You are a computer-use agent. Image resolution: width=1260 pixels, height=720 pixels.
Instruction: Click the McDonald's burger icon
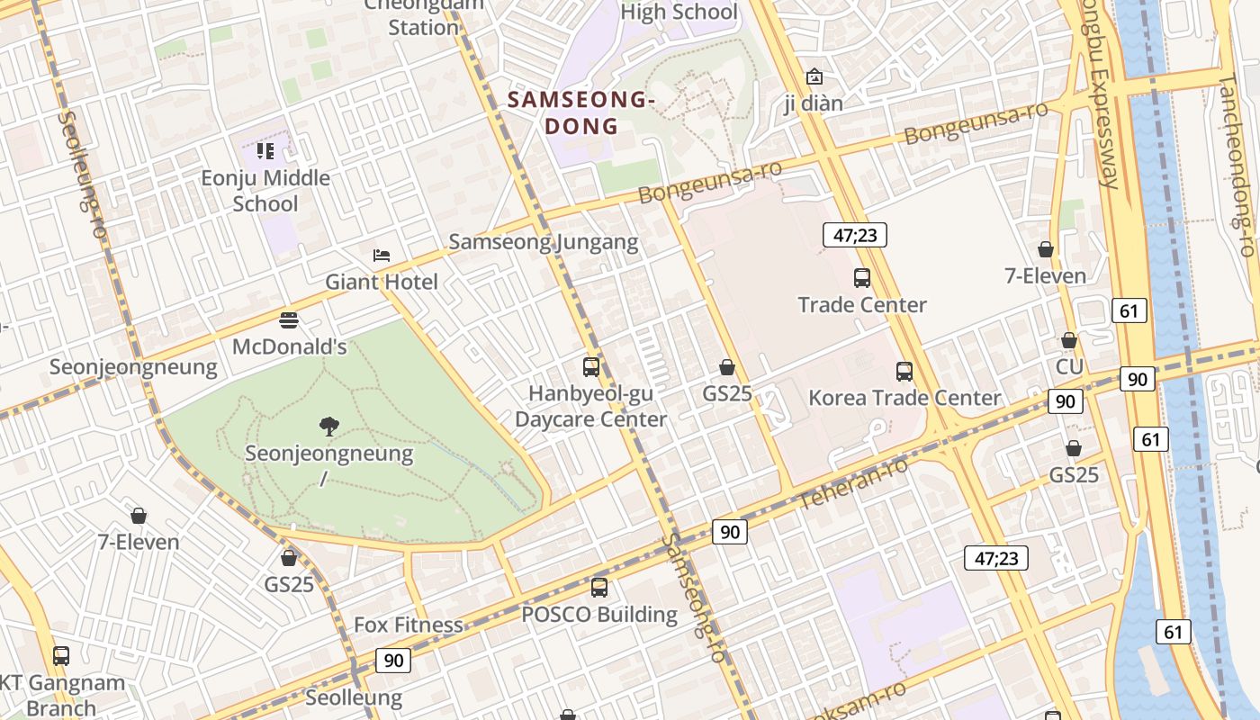289,319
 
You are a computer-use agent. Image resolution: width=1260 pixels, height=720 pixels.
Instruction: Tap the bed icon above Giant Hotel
382,256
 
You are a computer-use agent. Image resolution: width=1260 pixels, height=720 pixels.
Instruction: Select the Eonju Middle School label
265,190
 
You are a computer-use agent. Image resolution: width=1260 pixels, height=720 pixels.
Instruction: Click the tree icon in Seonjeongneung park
328,426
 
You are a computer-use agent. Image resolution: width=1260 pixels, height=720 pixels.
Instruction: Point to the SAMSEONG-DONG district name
580,112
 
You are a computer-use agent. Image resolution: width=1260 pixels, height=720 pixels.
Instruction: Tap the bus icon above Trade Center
861,278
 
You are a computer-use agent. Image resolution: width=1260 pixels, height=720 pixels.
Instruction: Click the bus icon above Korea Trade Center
904,371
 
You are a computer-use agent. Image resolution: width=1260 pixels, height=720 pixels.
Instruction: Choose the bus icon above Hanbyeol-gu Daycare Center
591,366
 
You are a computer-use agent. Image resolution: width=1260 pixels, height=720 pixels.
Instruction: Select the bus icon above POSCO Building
599,588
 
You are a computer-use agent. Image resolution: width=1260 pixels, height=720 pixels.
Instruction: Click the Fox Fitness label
409,625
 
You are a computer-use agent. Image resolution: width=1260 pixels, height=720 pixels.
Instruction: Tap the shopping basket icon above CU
1069,340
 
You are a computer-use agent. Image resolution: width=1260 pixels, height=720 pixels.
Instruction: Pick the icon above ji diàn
814,76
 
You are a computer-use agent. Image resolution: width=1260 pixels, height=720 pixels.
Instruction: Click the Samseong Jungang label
544,241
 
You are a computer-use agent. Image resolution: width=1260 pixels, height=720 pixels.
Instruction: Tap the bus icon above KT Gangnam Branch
61,655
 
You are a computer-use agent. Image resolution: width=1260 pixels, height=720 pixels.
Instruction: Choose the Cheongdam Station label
424,17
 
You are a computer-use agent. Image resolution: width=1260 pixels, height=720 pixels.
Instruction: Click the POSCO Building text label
599,615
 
